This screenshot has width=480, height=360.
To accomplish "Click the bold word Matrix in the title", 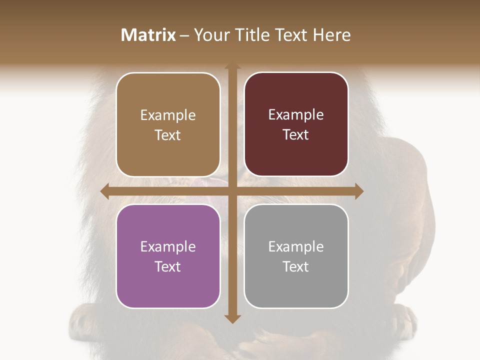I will click(148, 35).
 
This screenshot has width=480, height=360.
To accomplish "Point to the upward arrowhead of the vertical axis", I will click(232, 66).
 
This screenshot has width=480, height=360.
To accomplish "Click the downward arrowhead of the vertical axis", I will click(232, 318).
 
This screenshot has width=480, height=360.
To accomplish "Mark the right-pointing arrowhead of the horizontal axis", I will click(358, 191).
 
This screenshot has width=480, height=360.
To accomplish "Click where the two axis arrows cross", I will click(232, 191).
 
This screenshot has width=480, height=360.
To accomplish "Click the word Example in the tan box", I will click(168, 115).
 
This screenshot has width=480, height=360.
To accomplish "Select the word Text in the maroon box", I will click(296, 134).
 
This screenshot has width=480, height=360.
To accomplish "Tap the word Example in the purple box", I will click(168, 246).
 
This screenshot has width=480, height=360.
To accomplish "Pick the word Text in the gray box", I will click(296, 266).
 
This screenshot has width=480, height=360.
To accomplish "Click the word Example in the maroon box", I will click(296, 114).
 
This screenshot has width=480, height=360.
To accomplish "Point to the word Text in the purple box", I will click(168, 266).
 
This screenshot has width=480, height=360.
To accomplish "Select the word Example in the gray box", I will click(296, 246).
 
